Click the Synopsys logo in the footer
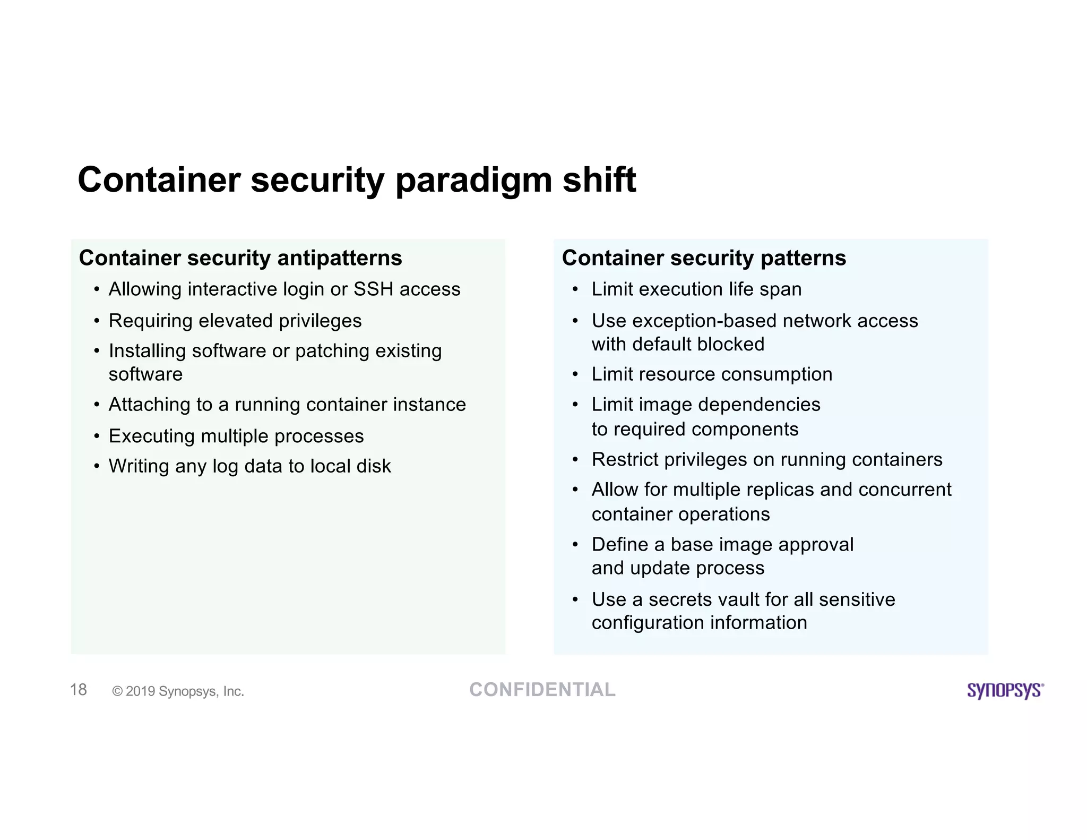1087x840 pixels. pos(1005,690)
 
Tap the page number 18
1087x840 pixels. pos(79,690)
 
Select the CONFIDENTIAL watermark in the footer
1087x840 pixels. pos(542,690)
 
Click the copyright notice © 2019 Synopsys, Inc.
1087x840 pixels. pos(178,691)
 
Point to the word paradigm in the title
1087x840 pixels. pos(473,181)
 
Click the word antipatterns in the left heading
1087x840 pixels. pos(340,258)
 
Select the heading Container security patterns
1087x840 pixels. pos(704,258)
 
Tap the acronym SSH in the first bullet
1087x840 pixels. pos(374,289)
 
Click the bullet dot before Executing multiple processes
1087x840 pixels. pos(97,436)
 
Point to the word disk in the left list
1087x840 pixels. pos(374,466)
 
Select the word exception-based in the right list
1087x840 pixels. pos(704,321)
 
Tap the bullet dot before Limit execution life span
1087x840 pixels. pos(575,290)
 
